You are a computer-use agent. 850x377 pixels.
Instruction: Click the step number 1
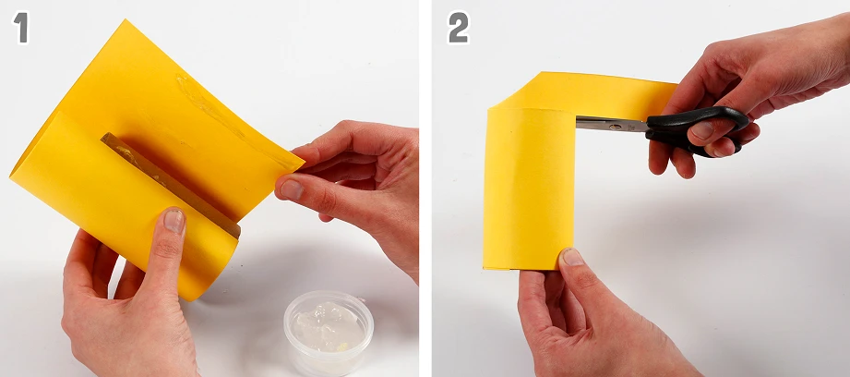tap(20, 28)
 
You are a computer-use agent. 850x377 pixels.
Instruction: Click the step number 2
tap(458, 28)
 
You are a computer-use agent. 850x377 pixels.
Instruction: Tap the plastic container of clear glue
tap(329, 332)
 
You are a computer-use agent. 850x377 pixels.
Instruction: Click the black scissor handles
tap(697, 130)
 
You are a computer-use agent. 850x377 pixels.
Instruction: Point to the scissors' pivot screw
tap(617, 127)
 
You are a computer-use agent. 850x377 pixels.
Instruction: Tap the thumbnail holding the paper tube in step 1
tap(174, 221)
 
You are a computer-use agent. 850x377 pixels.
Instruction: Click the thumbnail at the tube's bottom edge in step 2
tap(572, 257)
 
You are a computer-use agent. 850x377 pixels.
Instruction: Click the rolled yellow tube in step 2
tap(529, 188)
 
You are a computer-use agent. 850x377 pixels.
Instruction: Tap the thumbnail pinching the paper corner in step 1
tap(292, 189)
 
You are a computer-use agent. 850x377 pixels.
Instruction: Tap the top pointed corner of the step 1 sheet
tap(126, 21)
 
